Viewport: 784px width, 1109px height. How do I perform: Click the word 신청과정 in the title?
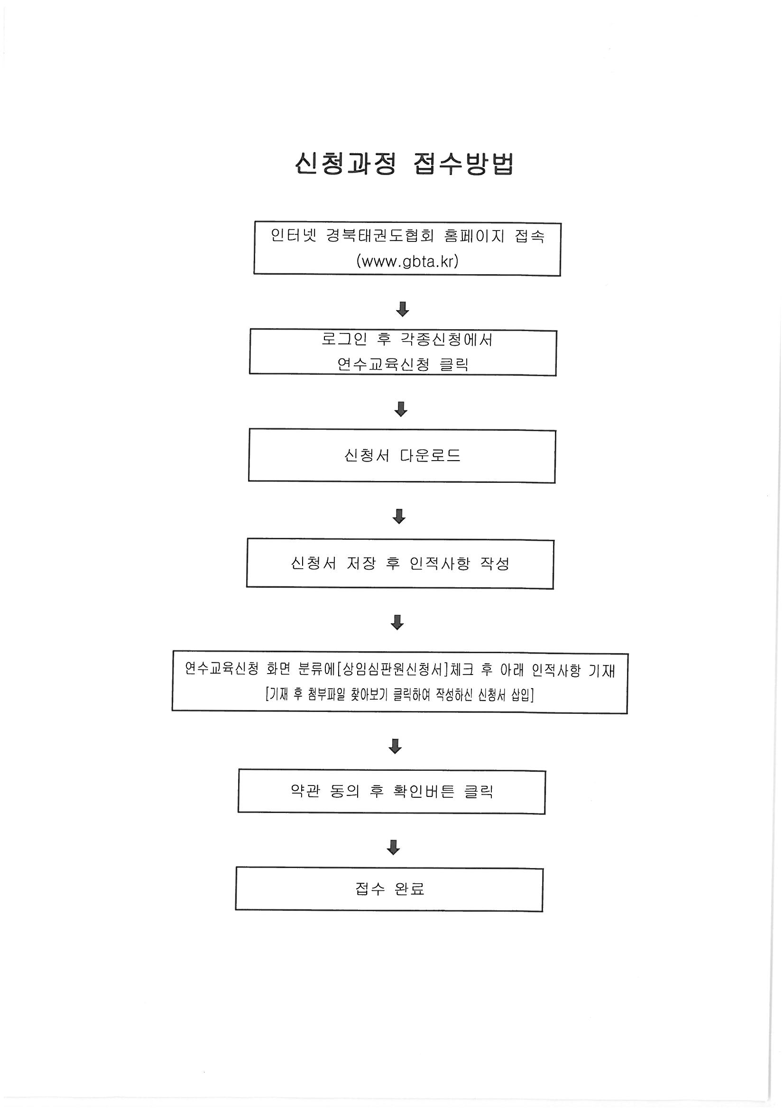[345, 164]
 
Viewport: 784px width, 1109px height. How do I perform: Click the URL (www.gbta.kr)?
[407, 261]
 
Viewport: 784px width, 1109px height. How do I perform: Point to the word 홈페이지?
[474, 236]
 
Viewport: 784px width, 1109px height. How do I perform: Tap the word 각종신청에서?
[446, 339]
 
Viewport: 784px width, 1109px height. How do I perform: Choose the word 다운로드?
[430, 455]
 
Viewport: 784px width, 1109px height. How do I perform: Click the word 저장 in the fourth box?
[361, 563]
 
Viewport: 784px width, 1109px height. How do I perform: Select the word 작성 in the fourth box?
[495, 563]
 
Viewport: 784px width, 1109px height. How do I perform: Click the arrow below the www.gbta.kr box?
[402, 309]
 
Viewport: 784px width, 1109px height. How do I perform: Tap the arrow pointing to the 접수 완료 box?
[393, 847]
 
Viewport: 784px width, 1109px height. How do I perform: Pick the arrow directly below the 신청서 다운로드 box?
[399, 517]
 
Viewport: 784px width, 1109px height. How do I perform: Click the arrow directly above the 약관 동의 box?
[395, 746]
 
